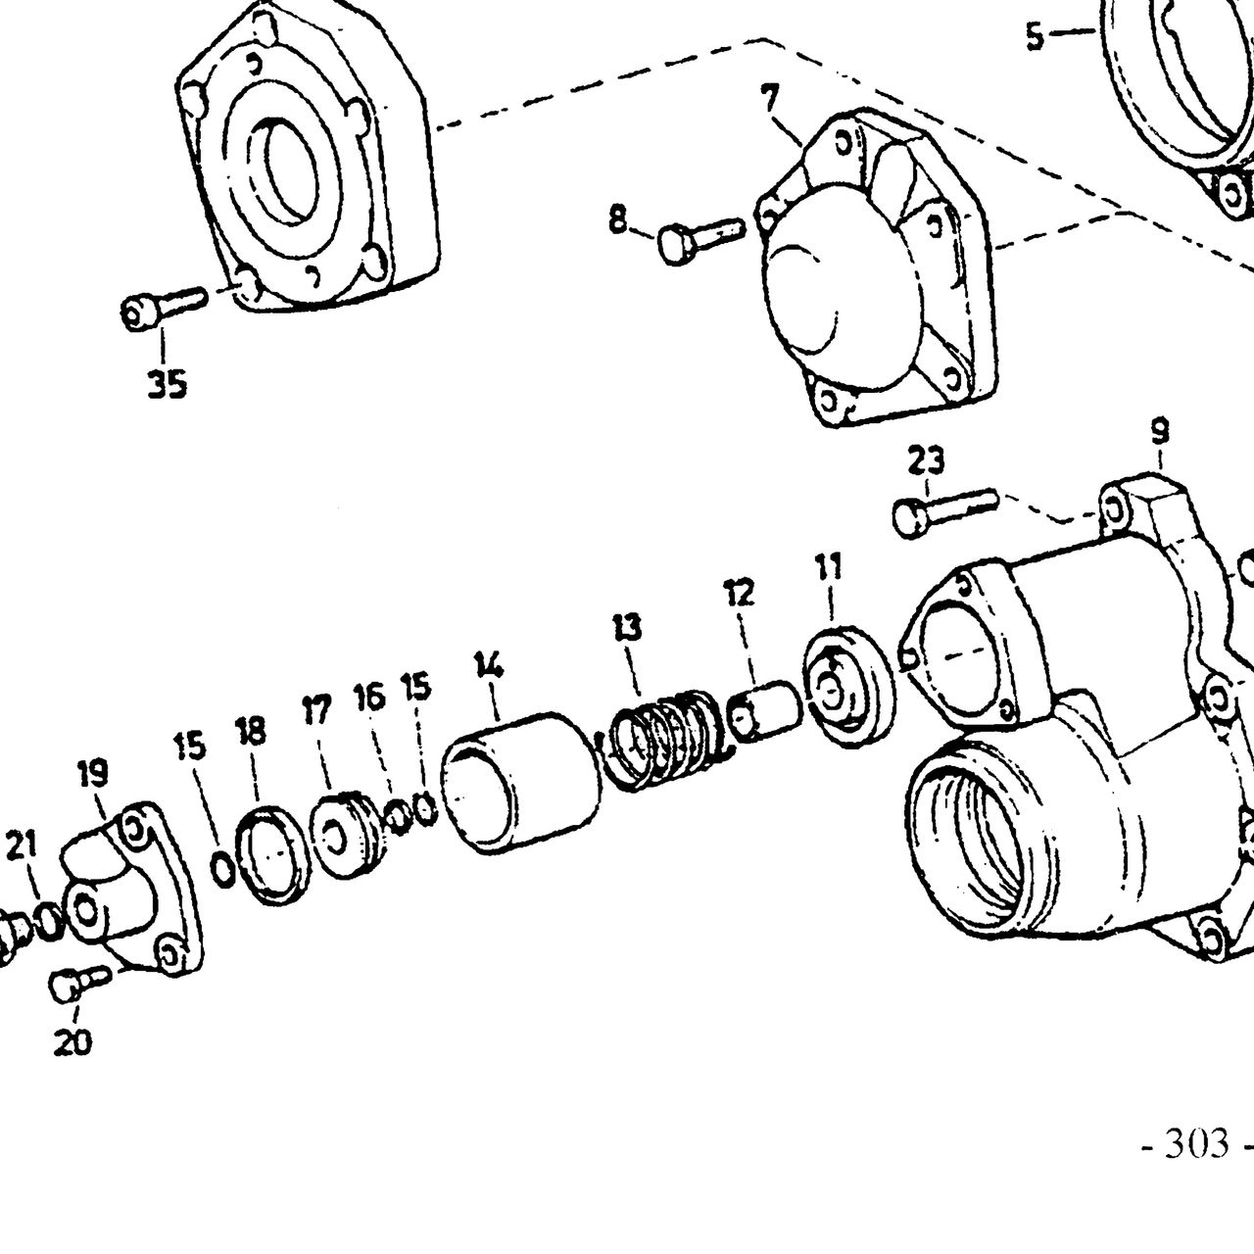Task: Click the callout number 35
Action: [x=167, y=384]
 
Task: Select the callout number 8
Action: [x=617, y=218]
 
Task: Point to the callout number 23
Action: [x=926, y=461]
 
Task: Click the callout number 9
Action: [x=1160, y=431]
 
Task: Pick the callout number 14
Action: [x=490, y=665]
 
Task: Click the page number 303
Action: [x=1196, y=1144]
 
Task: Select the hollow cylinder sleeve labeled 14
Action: [x=520, y=783]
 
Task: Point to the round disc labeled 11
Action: [x=849, y=688]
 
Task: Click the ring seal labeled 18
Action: [x=272, y=855]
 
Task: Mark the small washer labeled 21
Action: [x=49, y=923]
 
